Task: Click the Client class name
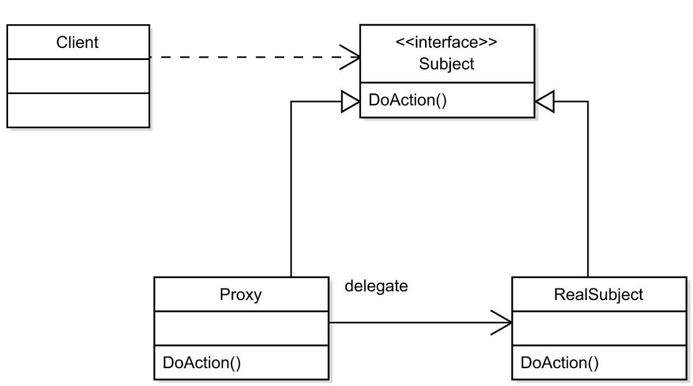click(77, 42)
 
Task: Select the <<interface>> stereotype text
click(446, 43)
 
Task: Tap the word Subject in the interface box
click(446, 63)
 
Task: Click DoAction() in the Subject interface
click(408, 100)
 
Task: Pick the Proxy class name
click(241, 295)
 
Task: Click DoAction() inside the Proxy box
click(202, 362)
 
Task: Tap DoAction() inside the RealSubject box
click(560, 362)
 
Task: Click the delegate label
click(376, 286)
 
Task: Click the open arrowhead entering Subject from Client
click(352, 58)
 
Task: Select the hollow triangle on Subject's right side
click(545, 102)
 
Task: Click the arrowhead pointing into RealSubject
click(502, 323)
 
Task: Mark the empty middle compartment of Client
click(78, 76)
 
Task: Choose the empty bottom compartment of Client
click(78, 110)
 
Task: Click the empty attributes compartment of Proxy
click(241, 328)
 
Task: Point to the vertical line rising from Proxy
click(291, 190)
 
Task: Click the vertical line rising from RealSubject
click(588, 190)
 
